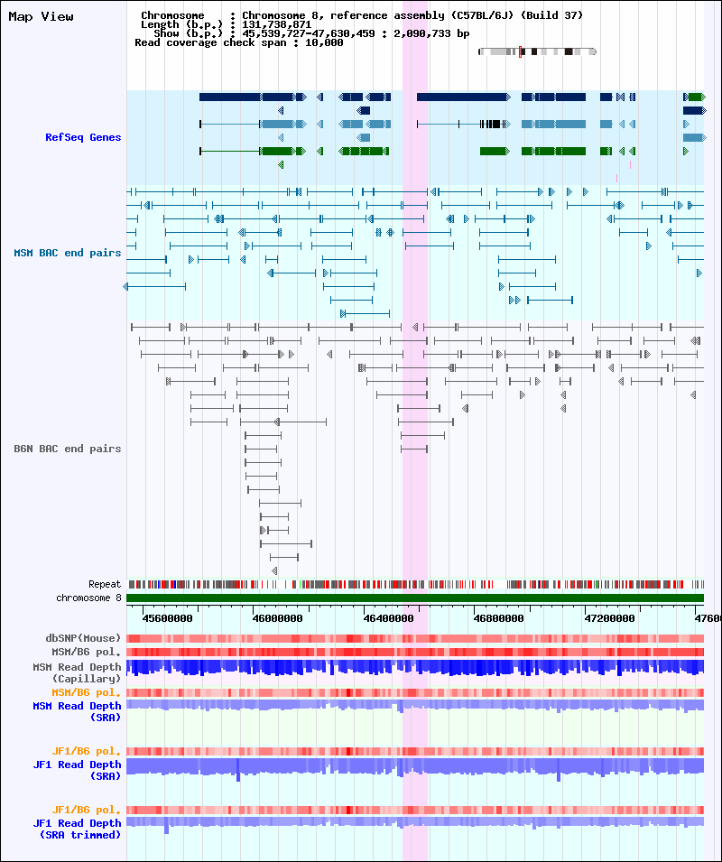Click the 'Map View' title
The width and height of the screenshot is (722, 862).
point(41,16)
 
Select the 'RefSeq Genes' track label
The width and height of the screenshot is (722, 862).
point(83,137)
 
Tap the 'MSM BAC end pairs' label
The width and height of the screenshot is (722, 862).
point(68,253)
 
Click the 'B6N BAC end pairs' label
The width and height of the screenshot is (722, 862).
point(68,449)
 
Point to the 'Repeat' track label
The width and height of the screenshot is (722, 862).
point(105,584)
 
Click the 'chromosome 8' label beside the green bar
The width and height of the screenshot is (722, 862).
point(88,598)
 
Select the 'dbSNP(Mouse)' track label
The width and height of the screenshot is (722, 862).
point(83,638)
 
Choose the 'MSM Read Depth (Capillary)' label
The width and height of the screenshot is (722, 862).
point(77,672)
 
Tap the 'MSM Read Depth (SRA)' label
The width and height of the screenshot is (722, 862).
point(77,711)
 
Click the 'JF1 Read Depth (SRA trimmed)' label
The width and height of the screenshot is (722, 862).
point(77,829)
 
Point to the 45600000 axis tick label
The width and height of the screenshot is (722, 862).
point(168,618)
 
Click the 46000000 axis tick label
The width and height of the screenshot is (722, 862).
point(277,618)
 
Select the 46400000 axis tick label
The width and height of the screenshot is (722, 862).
point(388,618)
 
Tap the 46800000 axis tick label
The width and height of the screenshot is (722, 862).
point(498,618)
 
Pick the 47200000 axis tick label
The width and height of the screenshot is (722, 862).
point(609,618)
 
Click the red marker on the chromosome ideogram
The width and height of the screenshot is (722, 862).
point(520,51)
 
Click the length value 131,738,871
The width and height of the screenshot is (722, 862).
point(276,24)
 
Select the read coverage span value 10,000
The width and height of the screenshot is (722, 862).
point(324,42)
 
